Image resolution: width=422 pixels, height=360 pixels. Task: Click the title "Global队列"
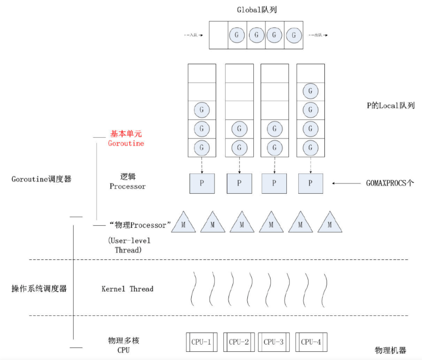tap(257, 10)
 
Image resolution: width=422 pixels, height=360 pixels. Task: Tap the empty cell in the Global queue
tap(218, 35)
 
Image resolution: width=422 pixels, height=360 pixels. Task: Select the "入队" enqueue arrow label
tap(193, 35)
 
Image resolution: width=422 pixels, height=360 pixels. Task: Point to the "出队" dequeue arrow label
tap(318, 35)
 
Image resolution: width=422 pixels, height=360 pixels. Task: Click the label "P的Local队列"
tap(390, 106)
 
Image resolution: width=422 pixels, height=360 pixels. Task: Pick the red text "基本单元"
tap(126, 134)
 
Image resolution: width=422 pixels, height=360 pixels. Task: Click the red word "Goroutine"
tap(126, 143)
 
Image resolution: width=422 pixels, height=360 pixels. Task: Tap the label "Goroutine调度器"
tap(41, 179)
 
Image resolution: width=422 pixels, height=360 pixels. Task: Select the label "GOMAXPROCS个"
tap(390, 183)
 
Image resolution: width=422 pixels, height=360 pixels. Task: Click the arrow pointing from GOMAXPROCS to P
tap(346, 183)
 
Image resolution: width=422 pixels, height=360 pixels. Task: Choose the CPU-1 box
tap(201, 342)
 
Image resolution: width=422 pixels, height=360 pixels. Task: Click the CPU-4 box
tap(311, 342)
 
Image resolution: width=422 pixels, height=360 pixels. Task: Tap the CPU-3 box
tap(273, 342)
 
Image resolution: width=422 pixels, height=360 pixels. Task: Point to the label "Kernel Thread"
tap(127, 289)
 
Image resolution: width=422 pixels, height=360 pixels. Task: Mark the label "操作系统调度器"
tap(39, 289)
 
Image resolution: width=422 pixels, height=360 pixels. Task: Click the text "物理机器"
tap(390, 350)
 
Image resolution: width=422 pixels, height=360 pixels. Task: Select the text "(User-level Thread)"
tap(129, 245)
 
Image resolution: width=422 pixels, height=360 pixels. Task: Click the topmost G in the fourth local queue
tap(310, 91)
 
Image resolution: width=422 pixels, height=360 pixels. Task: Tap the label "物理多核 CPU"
tap(124, 345)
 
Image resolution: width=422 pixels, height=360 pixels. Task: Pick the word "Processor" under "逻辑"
tap(128, 187)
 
